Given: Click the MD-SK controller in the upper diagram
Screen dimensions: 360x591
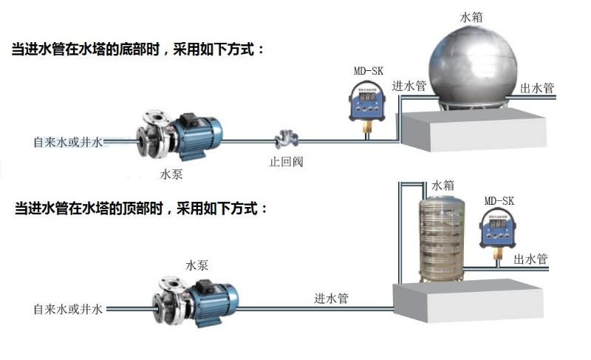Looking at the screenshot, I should click(x=366, y=101).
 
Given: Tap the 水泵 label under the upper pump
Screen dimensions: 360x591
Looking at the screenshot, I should click(x=171, y=175).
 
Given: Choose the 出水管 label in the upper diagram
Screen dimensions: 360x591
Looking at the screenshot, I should click(x=537, y=88).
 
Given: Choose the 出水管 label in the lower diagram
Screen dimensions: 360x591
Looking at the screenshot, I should click(x=530, y=259).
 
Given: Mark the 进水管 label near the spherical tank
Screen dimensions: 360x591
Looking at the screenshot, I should click(x=409, y=86).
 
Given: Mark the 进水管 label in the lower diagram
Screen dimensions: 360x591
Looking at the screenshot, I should click(x=332, y=299).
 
